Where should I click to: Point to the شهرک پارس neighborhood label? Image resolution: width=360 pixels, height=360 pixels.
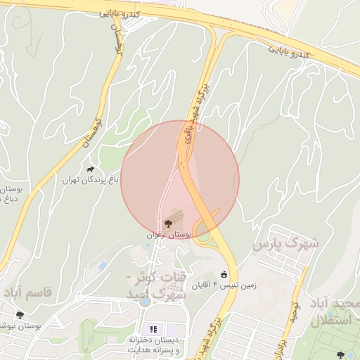click(x=285, y=245)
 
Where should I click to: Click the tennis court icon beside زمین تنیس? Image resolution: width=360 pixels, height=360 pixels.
click(x=224, y=274)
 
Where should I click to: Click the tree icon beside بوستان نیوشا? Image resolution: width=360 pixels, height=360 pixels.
click(x=19, y=315)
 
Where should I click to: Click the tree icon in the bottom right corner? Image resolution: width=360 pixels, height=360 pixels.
click(x=340, y=355)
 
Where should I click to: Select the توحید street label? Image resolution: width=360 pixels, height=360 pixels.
click(x=295, y=309)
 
